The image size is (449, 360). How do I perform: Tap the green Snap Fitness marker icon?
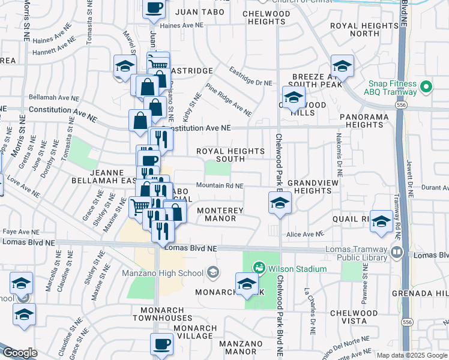point(426,88)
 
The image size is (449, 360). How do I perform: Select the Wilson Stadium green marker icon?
point(259,267)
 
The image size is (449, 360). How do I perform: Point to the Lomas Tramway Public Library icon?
point(396,253)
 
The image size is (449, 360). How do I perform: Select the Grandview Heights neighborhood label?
point(310,186)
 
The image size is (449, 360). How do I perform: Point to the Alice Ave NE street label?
point(306,234)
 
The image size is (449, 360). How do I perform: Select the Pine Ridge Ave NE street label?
point(228,99)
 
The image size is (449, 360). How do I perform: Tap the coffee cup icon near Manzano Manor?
point(161,344)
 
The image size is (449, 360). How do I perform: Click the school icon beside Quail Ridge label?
point(381,221)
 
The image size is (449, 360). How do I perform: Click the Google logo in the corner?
point(20,353)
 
